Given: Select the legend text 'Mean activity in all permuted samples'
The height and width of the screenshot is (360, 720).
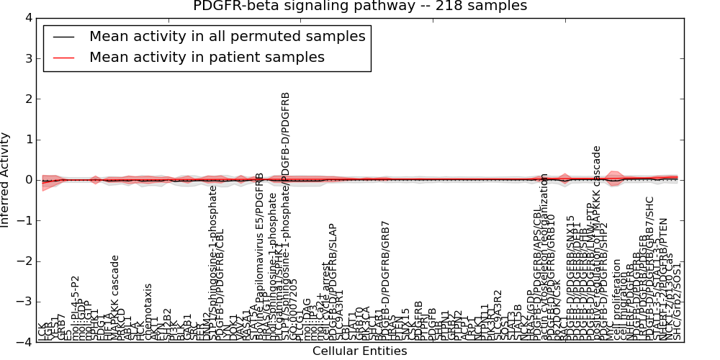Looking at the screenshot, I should (227, 36).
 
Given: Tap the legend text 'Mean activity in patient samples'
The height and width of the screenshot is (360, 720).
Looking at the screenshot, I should (207, 58).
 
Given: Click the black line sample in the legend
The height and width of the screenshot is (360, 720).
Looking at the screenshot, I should (63, 37).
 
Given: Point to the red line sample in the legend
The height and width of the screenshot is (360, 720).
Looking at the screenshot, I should (63, 58).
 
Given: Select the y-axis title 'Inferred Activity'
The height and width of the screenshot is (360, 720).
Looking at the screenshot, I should (6, 180).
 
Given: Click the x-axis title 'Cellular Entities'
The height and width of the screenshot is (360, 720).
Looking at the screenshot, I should (360, 351).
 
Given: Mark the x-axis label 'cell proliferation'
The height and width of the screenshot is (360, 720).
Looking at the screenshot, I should (617, 305).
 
